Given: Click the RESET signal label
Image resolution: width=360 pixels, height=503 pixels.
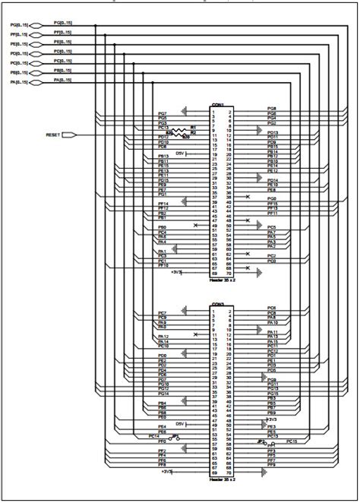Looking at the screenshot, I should pyautogui.click(x=53, y=135).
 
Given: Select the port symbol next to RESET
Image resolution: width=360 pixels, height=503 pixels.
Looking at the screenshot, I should pyautogui.click(x=69, y=135).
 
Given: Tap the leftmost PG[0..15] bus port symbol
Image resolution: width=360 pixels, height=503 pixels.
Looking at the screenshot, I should pyautogui.click(x=33, y=24).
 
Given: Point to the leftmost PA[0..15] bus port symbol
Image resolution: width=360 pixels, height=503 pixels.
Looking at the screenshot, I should pyautogui.click(x=33, y=81).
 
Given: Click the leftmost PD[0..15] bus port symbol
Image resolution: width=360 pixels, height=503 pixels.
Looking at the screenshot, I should pyautogui.click(x=33, y=52).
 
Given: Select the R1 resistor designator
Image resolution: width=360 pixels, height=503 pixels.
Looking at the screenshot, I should pyautogui.click(x=193, y=127).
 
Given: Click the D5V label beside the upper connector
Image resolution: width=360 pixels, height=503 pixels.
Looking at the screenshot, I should pyautogui.click(x=179, y=153).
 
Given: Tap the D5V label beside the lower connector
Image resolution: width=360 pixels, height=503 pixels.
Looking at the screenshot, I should pyautogui.click(x=180, y=423).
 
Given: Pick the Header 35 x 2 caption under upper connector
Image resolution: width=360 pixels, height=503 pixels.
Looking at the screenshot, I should pyautogui.click(x=222, y=280).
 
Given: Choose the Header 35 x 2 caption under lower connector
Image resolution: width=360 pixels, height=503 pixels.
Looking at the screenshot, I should pyautogui.click(x=222, y=479).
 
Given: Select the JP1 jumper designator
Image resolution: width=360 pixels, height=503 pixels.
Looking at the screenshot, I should pyautogui.click(x=175, y=435).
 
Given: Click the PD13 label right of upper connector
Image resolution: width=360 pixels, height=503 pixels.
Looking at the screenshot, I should pyautogui.click(x=273, y=132).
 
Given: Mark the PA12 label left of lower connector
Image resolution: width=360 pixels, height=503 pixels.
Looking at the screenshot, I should pyautogui.click(x=163, y=335).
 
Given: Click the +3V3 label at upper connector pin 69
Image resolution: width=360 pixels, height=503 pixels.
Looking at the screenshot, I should pyautogui.click(x=176, y=271).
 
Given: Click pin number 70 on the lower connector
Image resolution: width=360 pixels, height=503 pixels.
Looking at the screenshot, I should pyautogui.click(x=229, y=471).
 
